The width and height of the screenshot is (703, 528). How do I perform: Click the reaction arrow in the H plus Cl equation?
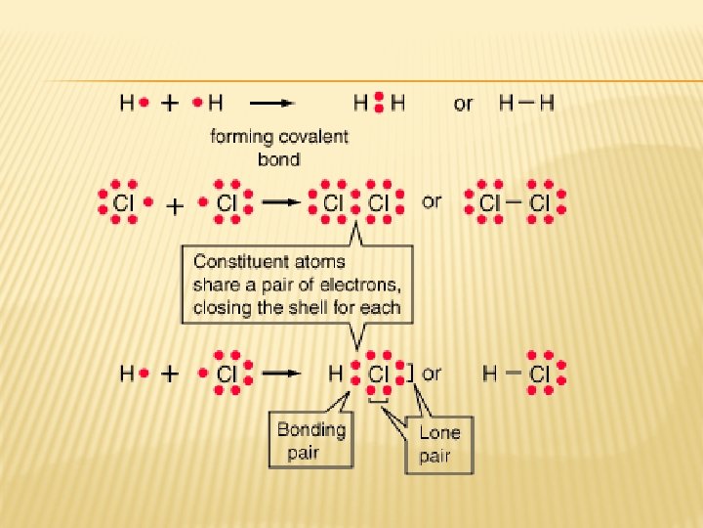click(x=284, y=373)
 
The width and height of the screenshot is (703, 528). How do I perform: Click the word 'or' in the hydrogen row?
click(x=463, y=103)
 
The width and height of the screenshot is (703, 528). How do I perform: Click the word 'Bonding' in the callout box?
click(x=311, y=429)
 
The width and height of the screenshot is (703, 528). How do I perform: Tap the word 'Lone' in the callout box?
click(x=438, y=432)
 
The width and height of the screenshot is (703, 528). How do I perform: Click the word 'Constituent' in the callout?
click(x=240, y=262)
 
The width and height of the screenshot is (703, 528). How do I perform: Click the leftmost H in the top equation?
click(x=127, y=102)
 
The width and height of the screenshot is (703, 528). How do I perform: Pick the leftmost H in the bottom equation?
click(x=127, y=374)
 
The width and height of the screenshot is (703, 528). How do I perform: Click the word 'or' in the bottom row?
click(x=432, y=373)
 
